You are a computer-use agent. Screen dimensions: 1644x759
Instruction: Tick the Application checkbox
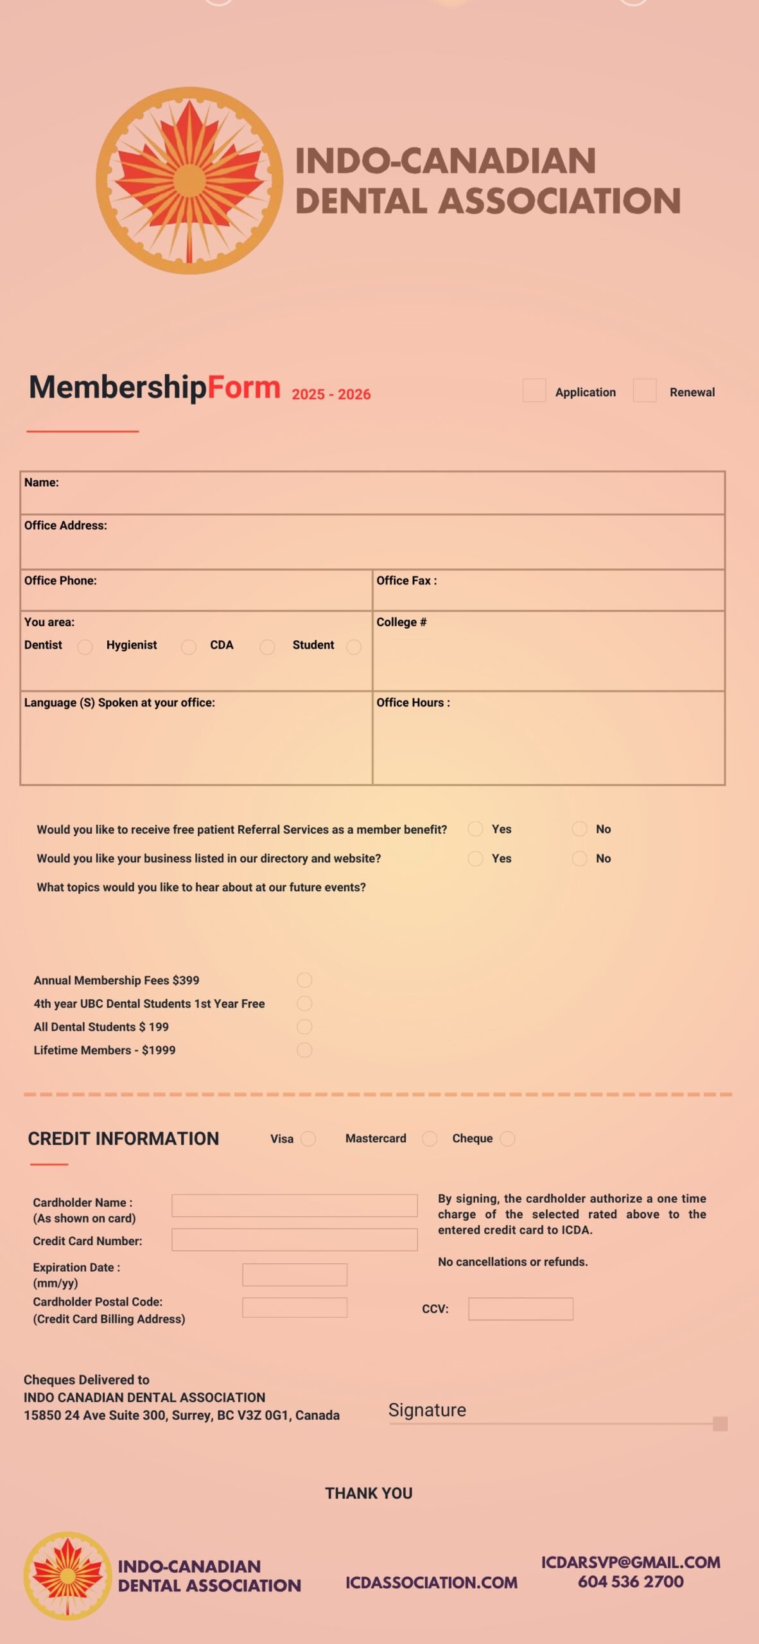click(x=534, y=390)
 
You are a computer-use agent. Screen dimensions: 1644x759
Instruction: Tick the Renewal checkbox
click(x=644, y=390)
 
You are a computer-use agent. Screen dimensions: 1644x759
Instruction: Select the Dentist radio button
click(x=85, y=647)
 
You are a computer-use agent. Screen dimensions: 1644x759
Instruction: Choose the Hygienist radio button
click(x=188, y=647)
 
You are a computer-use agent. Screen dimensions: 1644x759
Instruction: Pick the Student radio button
click(x=354, y=647)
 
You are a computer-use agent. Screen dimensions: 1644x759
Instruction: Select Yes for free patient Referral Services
click(x=475, y=829)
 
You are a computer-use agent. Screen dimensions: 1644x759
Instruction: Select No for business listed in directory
click(x=579, y=859)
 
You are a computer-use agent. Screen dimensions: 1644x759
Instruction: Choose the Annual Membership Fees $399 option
click(x=304, y=980)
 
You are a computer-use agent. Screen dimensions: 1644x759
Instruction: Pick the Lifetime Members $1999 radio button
click(x=304, y=1050)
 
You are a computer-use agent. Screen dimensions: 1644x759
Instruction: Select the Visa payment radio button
click(x=308, y=1139)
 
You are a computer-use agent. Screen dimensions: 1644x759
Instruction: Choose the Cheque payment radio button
click(x=507, y=1139)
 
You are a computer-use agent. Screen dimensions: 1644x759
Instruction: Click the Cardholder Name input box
click(x=294, y=1205)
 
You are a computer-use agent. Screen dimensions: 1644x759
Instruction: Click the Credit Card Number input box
click(x=294, y=1240)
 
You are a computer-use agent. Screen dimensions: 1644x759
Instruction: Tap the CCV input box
click(x=520, y=1309)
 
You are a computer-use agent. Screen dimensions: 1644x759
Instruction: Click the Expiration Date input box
click(x=294, y=1275)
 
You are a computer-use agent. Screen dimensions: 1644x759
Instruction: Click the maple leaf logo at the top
click(x=189, y=180)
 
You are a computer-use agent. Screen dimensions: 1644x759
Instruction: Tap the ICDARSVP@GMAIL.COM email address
click(x=631, y=1562)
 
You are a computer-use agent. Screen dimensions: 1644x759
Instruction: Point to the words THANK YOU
click(x=369, y=1493)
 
